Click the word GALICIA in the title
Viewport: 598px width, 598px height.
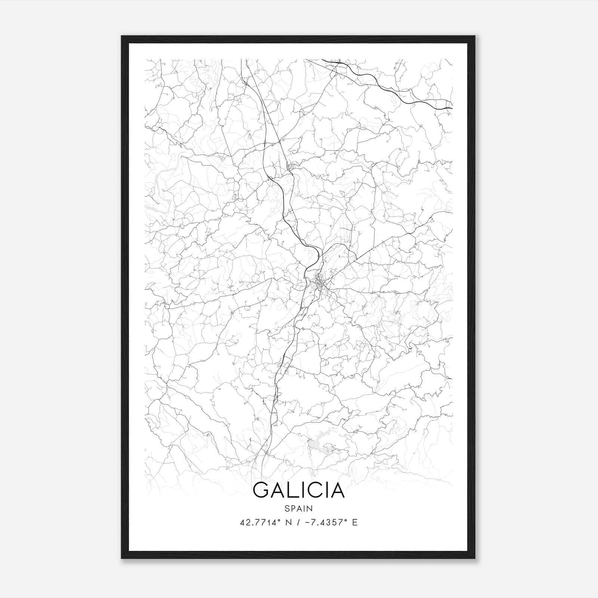point(299,490)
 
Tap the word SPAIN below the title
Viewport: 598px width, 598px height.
point(299,509)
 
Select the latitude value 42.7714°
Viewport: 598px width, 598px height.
point(260,523)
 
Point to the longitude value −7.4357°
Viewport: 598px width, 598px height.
point(324,523)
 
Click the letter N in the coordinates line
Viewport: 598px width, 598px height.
point(288,523)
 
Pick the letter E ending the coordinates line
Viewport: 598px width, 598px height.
point(355,523)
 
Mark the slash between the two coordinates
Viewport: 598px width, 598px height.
point(298,523)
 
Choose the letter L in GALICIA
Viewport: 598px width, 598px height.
point(293,490)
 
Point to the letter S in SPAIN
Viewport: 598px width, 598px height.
point(287,509)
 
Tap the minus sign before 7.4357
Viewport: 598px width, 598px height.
point(307,523)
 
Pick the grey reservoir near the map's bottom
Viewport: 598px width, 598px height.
point(320,446)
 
